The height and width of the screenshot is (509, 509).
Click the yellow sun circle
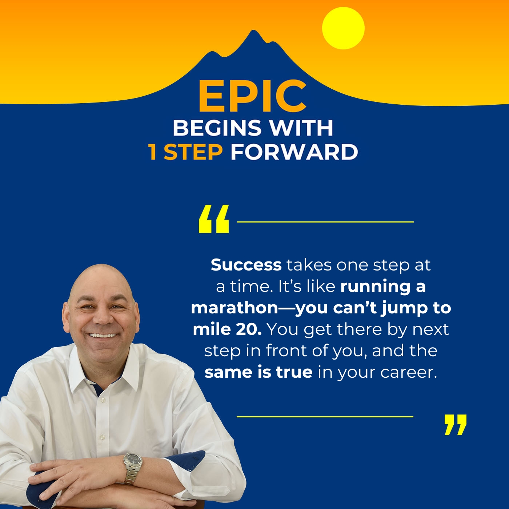[343, 28]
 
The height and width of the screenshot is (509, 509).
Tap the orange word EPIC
[252, 96]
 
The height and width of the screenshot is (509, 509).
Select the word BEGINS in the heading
[217, 128]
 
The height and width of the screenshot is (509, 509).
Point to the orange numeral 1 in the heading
[153, 152]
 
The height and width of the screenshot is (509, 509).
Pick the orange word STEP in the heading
[193, 152]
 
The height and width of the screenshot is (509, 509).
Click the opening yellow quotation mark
[214, 219]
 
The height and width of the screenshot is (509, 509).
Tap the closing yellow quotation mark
[455, 424]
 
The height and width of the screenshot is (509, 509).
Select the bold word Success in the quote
[246, 265]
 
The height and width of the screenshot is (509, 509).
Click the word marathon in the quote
[235, 308]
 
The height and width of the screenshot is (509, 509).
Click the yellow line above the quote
[325, 221]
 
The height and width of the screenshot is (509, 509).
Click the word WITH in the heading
[300, 128]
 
